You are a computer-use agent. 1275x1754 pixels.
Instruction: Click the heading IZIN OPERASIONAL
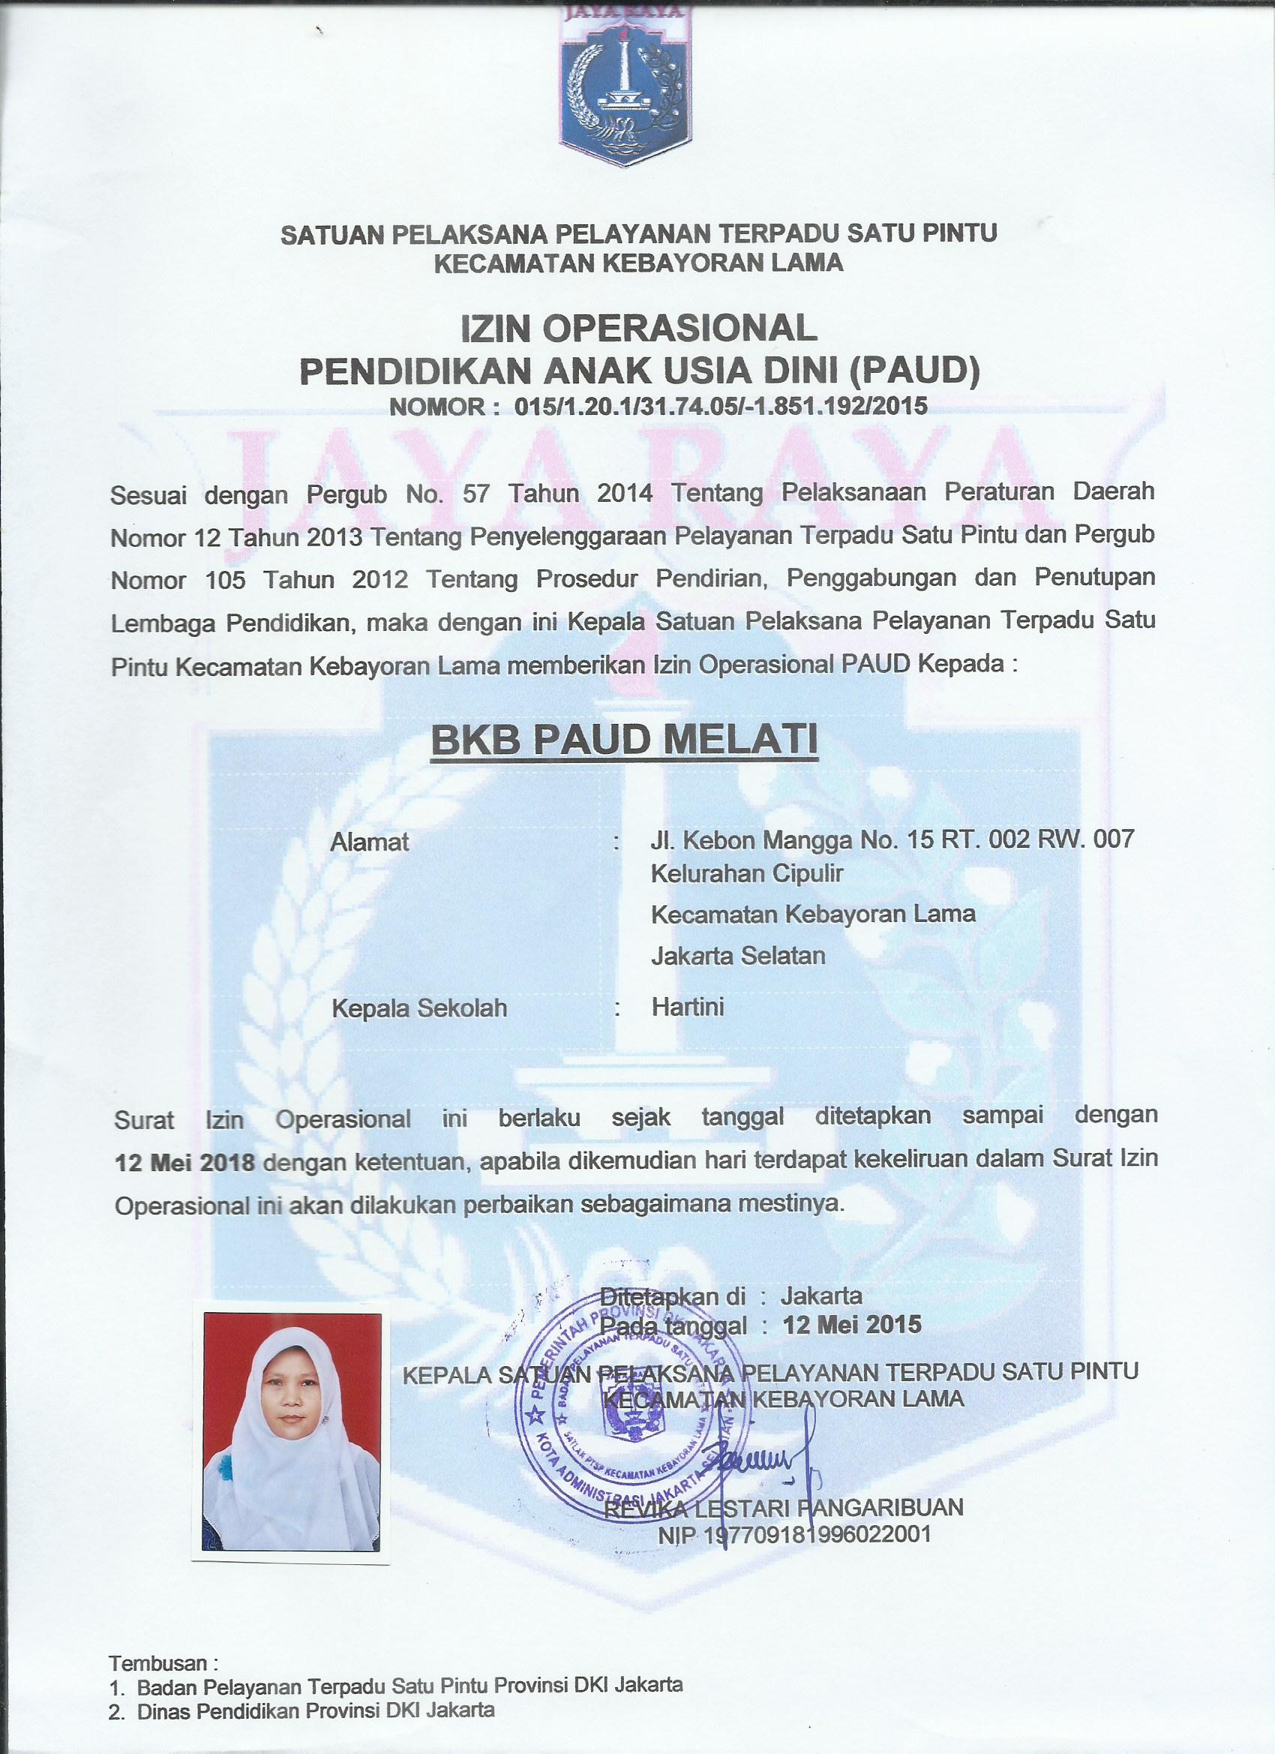tap(639, 328)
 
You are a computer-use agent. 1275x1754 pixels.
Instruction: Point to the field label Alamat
tap(370, 842)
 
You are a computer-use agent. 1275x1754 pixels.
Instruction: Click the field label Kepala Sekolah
tap(419, 1008)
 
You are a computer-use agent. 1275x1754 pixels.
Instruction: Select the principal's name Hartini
tap(687, 1007)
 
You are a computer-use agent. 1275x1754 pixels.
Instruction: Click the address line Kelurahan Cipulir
tap(746, 873)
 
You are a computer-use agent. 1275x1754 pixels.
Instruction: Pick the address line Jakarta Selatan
tap(738, 955)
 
